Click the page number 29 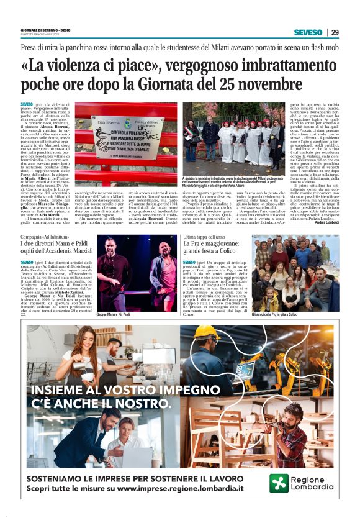335,33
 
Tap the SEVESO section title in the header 308,33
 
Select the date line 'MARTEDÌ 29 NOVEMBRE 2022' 45,34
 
